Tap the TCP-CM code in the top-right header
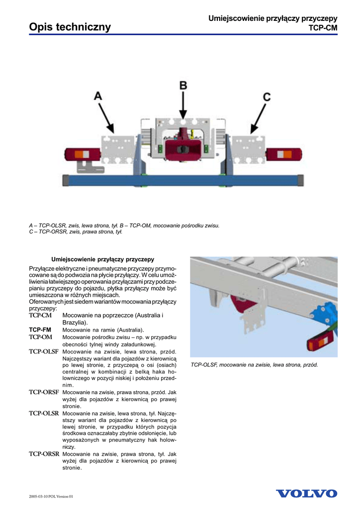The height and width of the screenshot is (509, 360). (323, 28)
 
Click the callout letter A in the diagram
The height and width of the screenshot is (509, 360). (98, 96)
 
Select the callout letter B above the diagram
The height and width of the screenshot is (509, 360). (183, 85)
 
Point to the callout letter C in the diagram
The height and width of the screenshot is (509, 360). (267, 97)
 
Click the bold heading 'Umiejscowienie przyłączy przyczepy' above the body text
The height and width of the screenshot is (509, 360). (103, 259)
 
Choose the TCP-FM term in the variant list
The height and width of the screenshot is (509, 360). (40, 330)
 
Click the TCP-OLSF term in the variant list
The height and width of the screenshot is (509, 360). (44, 351)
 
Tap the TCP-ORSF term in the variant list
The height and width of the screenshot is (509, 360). (44, 392)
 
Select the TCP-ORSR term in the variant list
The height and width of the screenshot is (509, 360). (44, 454)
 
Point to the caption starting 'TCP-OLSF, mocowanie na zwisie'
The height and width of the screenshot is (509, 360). (254, 365)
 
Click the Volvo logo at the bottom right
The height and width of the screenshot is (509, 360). (306, 493)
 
